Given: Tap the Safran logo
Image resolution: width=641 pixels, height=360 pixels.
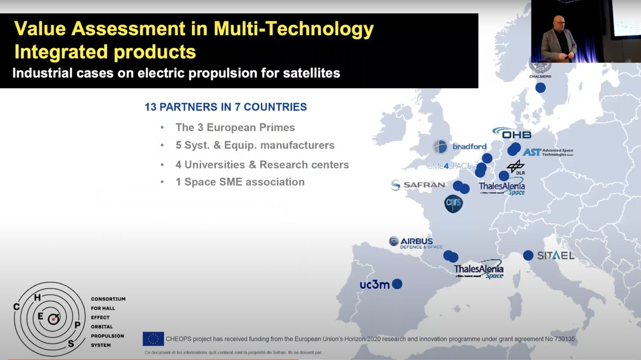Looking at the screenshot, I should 418,185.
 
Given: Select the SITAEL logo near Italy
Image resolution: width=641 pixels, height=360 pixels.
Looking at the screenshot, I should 556,256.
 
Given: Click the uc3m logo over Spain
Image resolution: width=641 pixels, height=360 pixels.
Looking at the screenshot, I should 374,284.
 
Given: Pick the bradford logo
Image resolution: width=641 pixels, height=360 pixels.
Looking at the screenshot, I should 460,146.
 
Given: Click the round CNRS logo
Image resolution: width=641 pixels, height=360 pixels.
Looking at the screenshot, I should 454,204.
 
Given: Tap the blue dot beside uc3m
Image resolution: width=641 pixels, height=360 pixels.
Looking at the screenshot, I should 397,284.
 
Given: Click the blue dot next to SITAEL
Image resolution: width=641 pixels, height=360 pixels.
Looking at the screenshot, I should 528,255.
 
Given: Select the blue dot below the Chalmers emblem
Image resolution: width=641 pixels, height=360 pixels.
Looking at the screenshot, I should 541,88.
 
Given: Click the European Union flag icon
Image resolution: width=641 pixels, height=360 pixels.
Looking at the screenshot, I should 153,339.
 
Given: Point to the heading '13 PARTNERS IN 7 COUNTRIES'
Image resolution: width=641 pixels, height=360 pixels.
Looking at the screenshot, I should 225,107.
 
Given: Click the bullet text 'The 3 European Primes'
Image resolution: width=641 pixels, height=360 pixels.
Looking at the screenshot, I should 235,128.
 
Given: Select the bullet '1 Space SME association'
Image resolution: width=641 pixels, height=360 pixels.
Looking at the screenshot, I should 240,182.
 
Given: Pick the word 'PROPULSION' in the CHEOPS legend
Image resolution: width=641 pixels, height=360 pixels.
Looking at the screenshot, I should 108,336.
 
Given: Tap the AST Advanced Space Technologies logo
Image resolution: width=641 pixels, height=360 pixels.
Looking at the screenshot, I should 548,153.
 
